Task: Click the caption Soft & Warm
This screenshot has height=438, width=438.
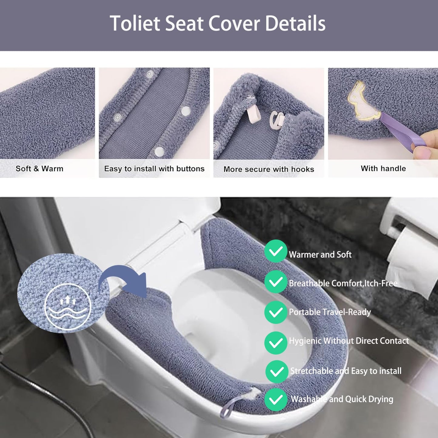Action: [x=39, y=169]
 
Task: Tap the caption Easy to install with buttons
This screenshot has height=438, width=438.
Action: [x=154, y=169]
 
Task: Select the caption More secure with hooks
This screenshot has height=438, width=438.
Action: [x=269, y=169]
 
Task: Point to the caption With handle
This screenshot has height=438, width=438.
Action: [x=383, y=169]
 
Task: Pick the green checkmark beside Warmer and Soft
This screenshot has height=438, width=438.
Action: [x=276, y=251]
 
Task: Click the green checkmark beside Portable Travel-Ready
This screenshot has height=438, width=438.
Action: [x=276, y=312]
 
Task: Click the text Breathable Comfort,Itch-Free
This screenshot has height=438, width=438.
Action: [x=343, y=283]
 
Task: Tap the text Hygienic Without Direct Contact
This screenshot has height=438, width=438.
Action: [x=349, y=341]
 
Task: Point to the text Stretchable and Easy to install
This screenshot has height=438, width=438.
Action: [x=346, y=371]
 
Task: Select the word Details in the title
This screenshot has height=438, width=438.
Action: [x=295, y=23]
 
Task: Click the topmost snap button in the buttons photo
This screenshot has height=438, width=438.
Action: [x=149, y=74]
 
